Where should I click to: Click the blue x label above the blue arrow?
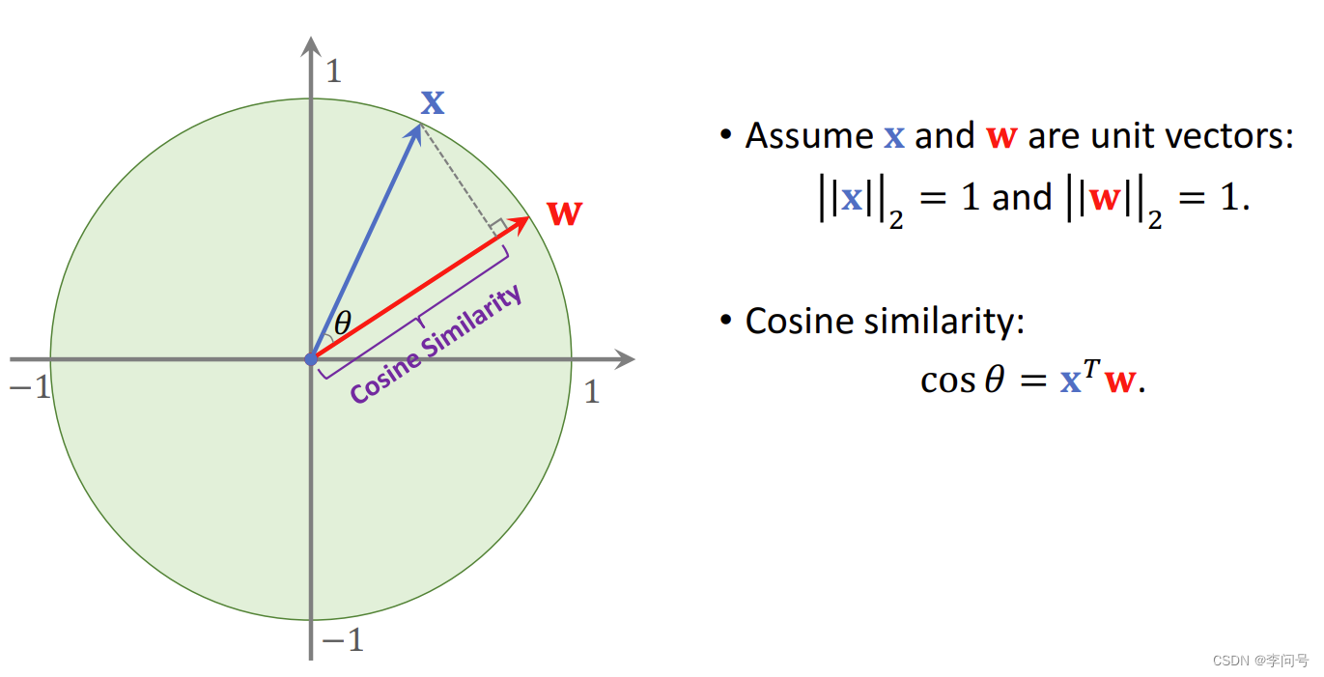click(433, 102)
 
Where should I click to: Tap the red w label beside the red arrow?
click(564, 213)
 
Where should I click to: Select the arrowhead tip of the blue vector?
click(418, 127)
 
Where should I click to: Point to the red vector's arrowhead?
click(523, 222)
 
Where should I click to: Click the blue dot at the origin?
click(310, 358)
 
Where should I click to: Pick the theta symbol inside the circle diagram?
click(342, 323)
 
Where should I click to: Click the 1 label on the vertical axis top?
click(333, 71)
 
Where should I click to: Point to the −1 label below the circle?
click(342, 639)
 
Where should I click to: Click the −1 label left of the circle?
click(29, 388)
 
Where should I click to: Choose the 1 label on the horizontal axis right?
click(592, 392)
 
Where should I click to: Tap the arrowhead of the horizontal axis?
click(627, 359)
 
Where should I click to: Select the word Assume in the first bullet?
click(809, 136)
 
